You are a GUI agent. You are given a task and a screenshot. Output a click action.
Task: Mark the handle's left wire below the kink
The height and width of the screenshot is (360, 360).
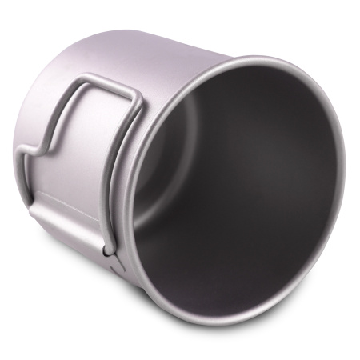click(29, 180)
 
